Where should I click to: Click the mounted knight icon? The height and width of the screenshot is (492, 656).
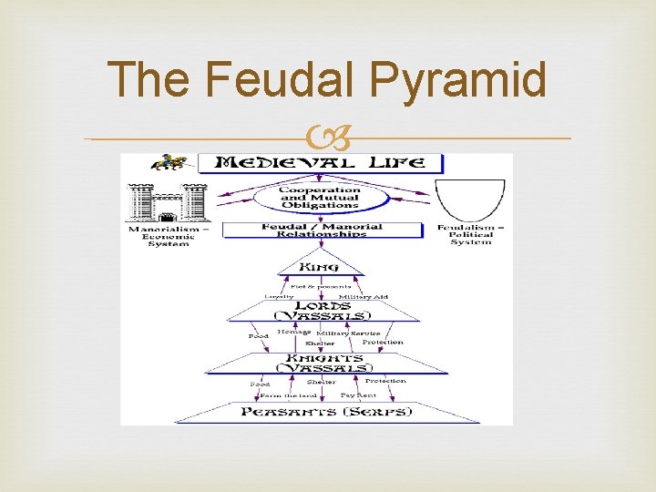coord(169,163)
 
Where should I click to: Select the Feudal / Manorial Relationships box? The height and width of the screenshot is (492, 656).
coord(322,230)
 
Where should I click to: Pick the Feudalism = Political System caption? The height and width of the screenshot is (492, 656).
coord(472,234)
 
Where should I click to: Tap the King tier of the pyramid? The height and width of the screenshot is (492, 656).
coord(320,267)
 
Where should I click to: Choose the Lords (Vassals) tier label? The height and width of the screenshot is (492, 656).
coord(323,310)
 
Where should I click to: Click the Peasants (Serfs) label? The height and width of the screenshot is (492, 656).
coord(326,412)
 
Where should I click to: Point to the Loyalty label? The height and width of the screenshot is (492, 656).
coord(279,296)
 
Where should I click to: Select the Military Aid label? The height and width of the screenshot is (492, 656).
coord(363,297)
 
